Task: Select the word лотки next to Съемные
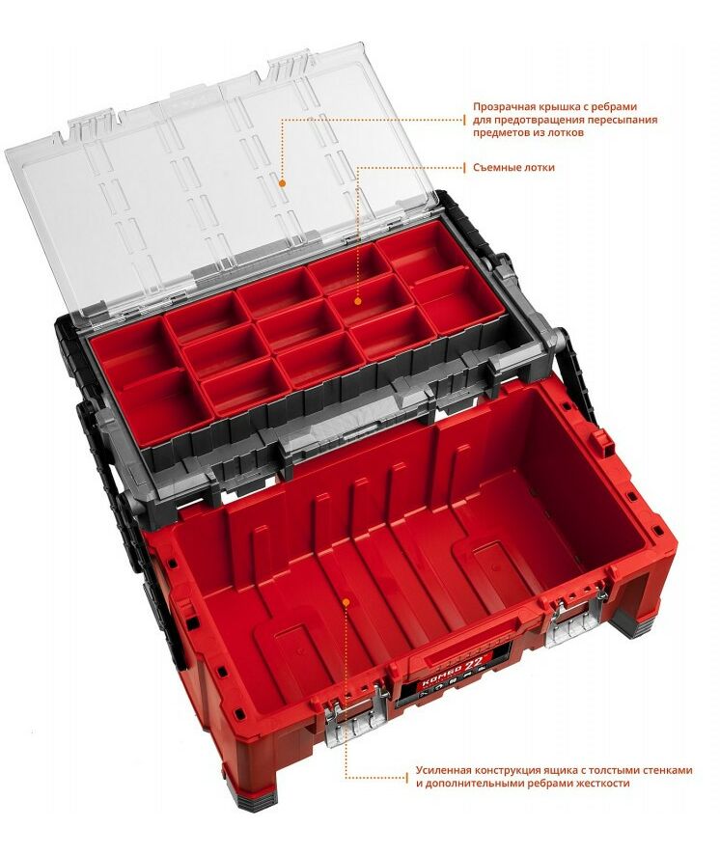(540, 167)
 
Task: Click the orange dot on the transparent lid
(282, 183)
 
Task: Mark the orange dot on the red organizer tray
(358, 301)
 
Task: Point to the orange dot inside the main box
(346, 602)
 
